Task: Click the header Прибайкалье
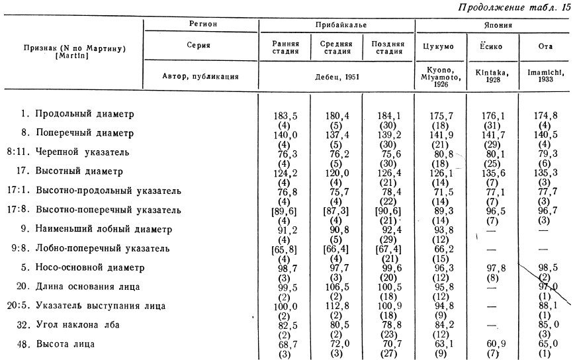point(336,25)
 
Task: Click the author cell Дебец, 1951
point(336,75)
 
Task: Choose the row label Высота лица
point(65,344)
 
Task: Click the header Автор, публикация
point(200,75)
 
